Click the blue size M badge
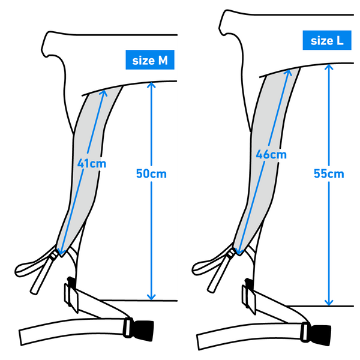pyautogui.click(x=150, y=59)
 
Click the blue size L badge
pyautogui.click(x=327, y=40)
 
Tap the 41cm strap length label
pyautogui.click(x=92, y=164)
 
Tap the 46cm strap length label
pyautogui.click(x=271, y=155)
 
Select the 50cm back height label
pyautogui.click(x=151, y=173)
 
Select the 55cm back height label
pyautogui.click(x=329, y=173)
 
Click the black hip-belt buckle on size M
pyautogui.click(x=143, y=330)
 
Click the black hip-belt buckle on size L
pyautogui.click(x=321, y=335)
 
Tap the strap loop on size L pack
pyautogui.click(x=210, y=264)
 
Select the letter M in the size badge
pyautogui.click(x=163, y=61)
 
